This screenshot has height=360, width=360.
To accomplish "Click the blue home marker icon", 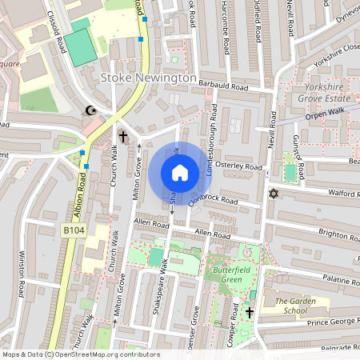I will click(180, 173).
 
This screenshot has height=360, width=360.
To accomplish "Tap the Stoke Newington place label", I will click(149, 78).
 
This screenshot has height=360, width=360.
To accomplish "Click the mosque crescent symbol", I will click(90, 111).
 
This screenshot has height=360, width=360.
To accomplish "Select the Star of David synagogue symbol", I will click(274, 195).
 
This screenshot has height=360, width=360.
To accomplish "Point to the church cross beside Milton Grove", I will click(123, 137).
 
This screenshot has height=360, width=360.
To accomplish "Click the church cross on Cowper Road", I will click(250, 312).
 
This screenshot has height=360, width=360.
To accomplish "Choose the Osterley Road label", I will click(241, 166).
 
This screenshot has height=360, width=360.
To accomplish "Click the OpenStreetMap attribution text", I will click(80, 354).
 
